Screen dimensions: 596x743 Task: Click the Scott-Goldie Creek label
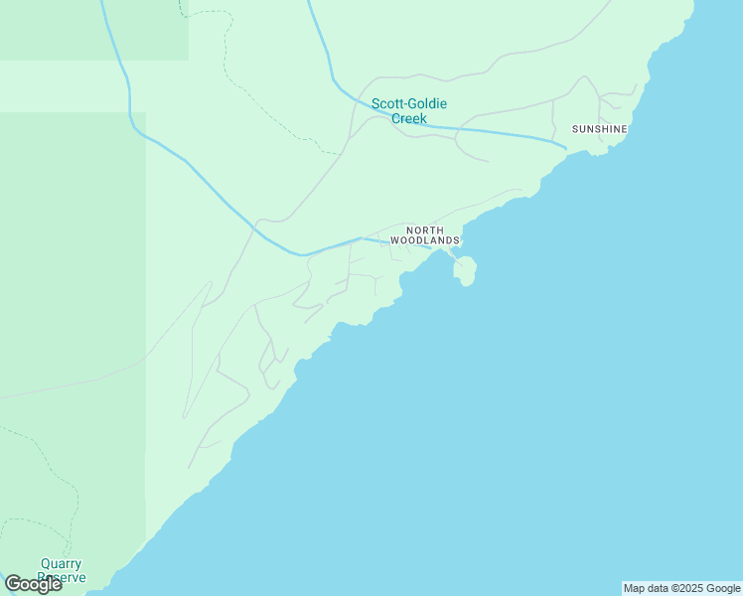(408, 110)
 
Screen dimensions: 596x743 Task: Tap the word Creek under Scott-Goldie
(408, 118)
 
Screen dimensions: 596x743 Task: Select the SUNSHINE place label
(600, 129)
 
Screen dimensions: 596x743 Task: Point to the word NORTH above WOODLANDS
(425, 230)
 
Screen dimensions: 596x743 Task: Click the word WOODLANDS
(425, 240)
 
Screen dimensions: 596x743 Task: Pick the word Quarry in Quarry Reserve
(61, 564)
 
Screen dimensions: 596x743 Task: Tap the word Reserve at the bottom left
(62, 577)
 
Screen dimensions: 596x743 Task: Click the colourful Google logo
(33, 584)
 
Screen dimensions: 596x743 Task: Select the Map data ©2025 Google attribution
(681, 588)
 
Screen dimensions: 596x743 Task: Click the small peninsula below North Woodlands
(465, 269)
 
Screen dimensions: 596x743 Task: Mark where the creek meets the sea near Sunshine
(566, 149)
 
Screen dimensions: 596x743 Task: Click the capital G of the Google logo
(13, 584)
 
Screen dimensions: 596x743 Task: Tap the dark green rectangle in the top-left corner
(94, 30)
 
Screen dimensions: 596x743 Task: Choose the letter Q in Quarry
(45, 564)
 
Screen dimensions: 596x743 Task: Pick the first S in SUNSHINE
(575, 129)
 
